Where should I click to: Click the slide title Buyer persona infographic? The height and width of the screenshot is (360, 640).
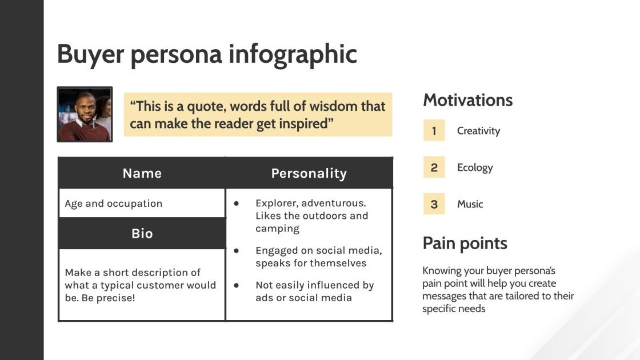coord(207,54)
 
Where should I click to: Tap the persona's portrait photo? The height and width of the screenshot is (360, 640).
coord(85,114)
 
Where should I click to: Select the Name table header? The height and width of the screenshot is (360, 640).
coord(142,173)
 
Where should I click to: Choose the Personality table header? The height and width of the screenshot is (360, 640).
coord(309,173)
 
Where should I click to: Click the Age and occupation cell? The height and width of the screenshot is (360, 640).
coord(114,203)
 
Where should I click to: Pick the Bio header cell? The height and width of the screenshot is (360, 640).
coord(142,233)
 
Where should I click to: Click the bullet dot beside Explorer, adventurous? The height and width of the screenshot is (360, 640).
coord(236,203)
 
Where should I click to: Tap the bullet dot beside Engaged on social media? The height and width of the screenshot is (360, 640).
coord(236,250)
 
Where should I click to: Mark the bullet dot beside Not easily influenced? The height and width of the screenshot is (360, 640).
coord(236,285)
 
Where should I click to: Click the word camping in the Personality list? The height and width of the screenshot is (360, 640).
coord(277,229)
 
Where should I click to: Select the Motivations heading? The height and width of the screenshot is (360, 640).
coord(467,100)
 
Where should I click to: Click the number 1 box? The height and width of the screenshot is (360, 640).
coord(434,131)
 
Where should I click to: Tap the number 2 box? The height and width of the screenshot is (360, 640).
coord(434,167)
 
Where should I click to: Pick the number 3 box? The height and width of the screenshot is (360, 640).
coord(434,204)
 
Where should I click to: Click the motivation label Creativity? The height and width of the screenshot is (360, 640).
coord(478,131)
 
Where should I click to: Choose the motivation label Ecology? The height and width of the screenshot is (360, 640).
coord(474,167)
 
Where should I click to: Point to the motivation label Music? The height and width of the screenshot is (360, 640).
coord(470,204)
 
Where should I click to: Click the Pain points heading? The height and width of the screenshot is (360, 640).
coord(465,243)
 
